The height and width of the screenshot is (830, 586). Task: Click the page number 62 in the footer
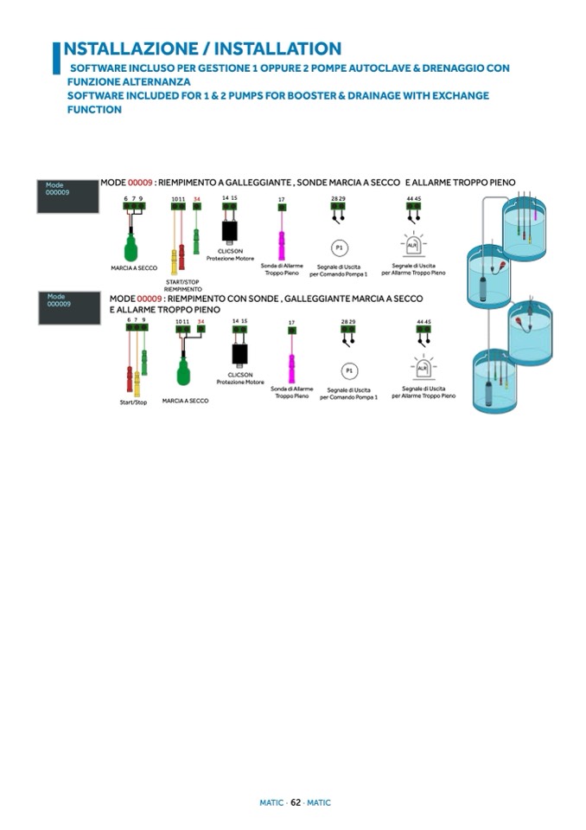[x=295, y=802]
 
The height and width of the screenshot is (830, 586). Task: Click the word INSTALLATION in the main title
[x=277, y=48]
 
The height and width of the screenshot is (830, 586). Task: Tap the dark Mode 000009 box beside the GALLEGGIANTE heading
[x=67, y=196]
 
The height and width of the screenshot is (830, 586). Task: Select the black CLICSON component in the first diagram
[x=230, y=231]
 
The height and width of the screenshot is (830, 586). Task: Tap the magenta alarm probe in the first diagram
[x=281, y=238]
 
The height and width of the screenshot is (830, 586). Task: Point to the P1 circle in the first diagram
[x=340, y=248]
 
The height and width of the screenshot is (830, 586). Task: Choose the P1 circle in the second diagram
[x=348, y=370]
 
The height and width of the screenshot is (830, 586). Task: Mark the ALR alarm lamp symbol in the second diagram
[x=423, y=368]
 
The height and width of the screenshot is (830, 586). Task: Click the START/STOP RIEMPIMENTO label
[x=182, y=285]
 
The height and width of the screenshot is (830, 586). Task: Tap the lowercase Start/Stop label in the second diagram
[x=133, y=402]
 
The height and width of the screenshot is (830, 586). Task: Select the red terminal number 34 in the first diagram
[x=197, y=199]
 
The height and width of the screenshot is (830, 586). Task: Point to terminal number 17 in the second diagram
[x=291, y=323]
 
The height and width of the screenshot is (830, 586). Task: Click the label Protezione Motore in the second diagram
[x=240, y=382]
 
